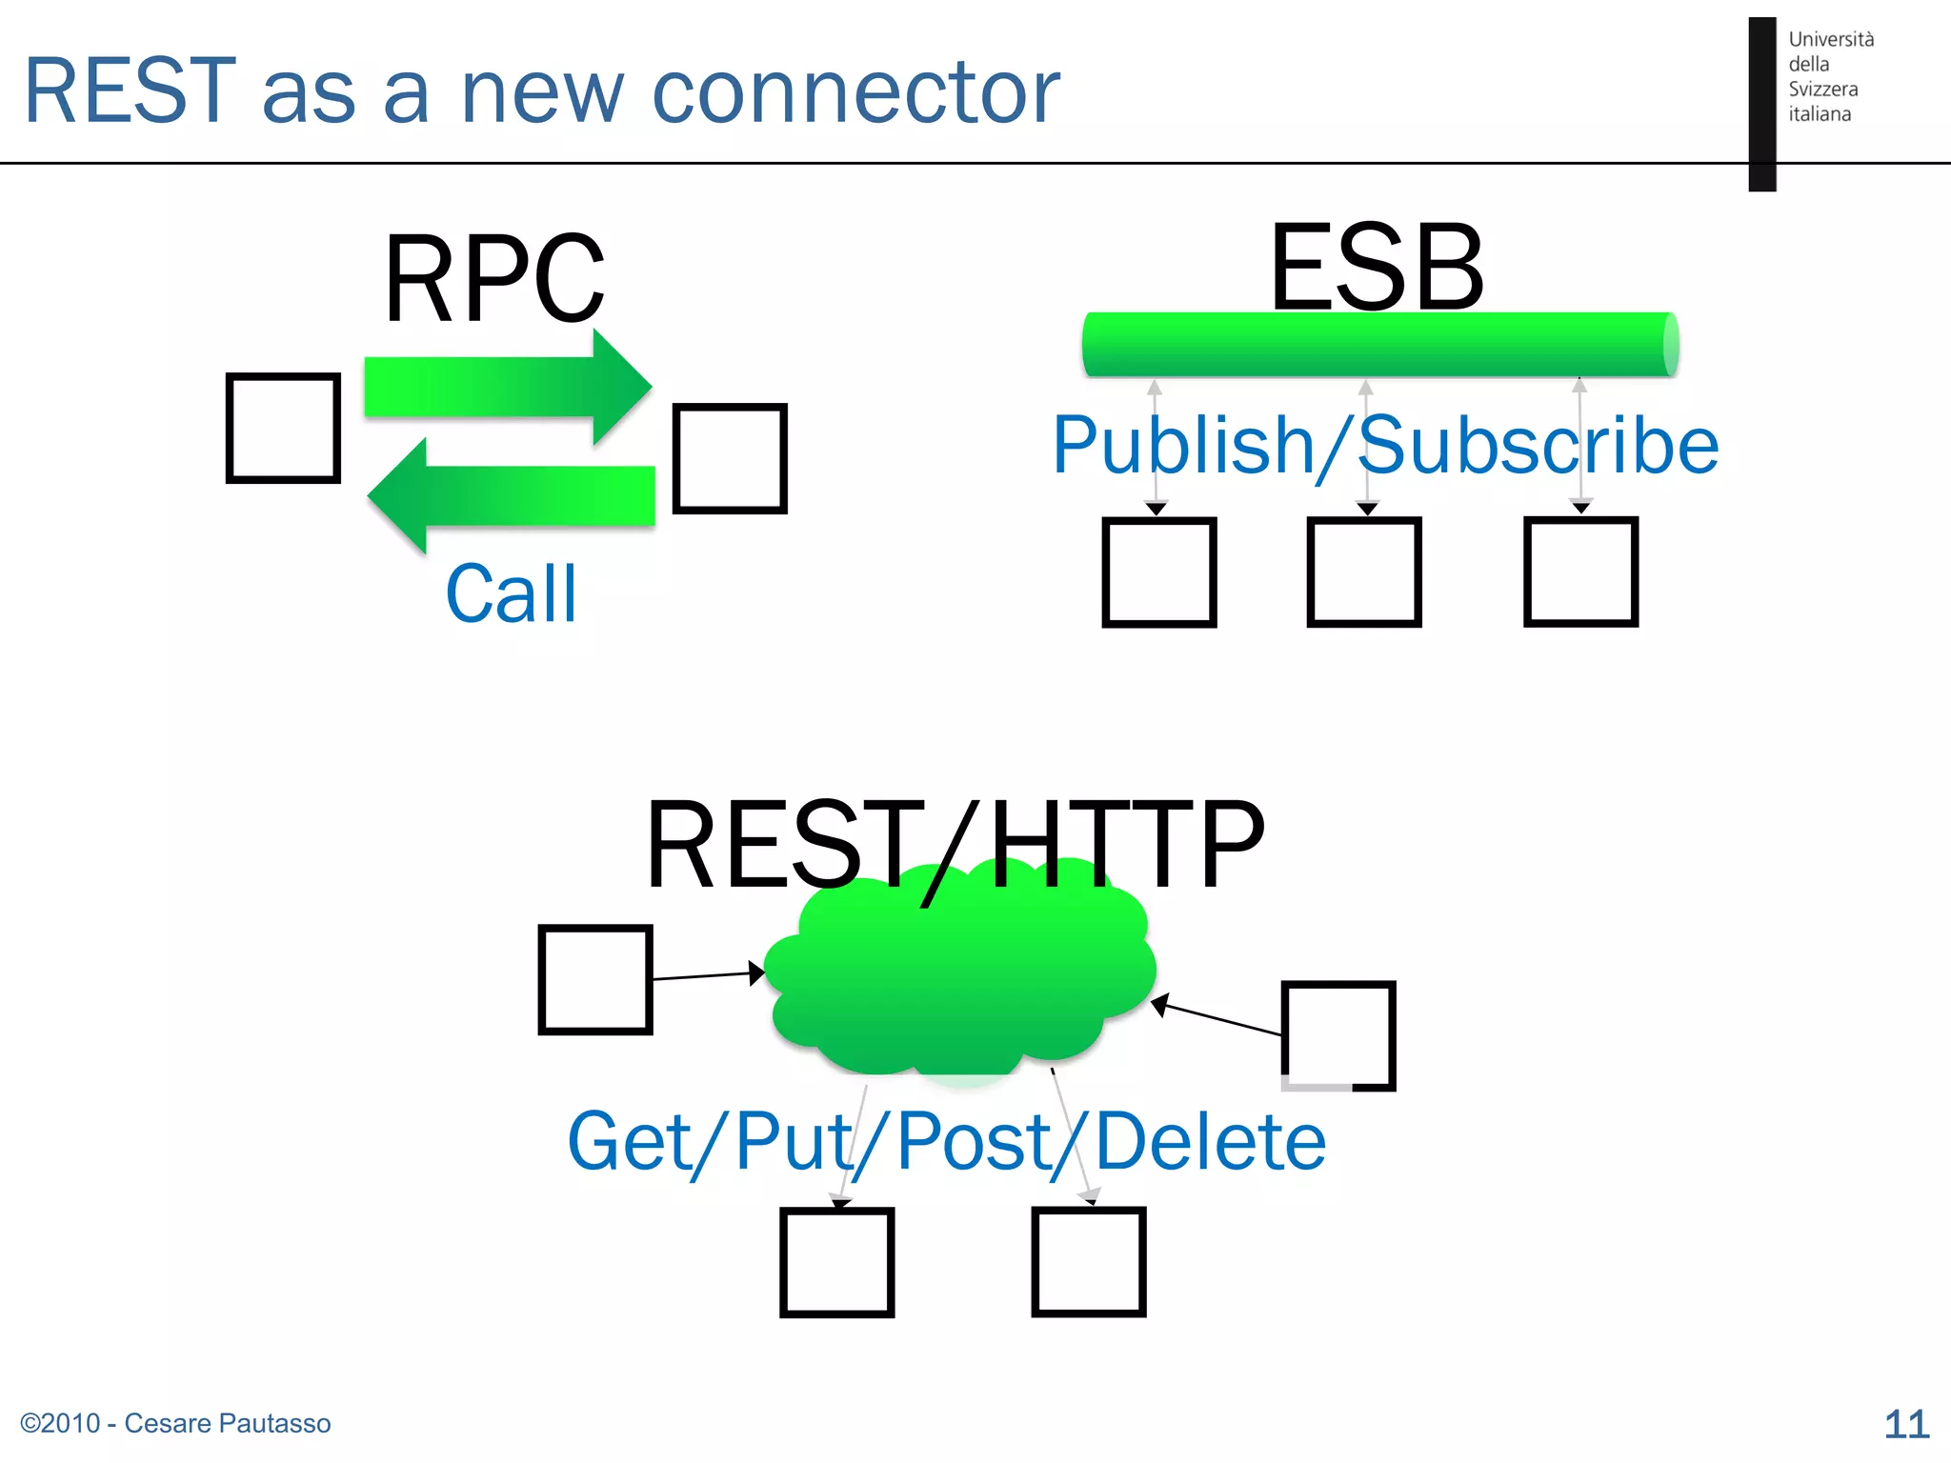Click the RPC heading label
(x=493, y=279)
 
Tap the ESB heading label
(x=1377, y=268)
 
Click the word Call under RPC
(x=512, y=594)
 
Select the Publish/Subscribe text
(x=1386, y=445)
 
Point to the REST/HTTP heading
(x=955, y=844)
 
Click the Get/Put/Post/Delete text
(x=946, y=1140)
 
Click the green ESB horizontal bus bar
(x=1379, y=345)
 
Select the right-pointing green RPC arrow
(x=508, y=387)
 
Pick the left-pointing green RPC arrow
(x=512, y=495)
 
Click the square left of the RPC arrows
(x=283, y=428)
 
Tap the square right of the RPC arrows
(x=730, y=458)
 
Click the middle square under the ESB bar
(x=1364, y=571)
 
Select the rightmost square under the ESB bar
(x=1580, y=571)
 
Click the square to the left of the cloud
(x=595, y=979)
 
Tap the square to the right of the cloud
(x=1338, y=1035)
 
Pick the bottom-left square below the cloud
(x=836, y=1262)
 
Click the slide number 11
(x=1906, y=1424)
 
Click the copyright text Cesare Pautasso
(x=176, y=1423)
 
